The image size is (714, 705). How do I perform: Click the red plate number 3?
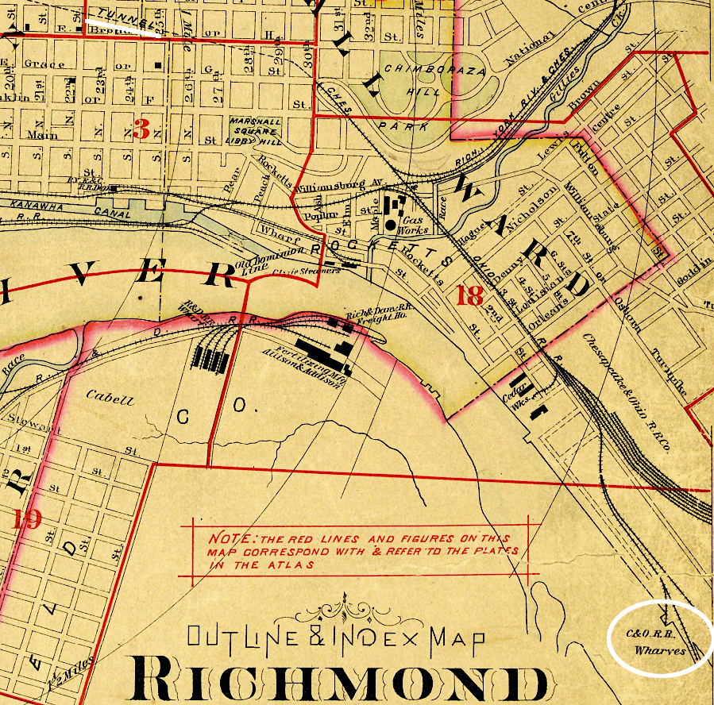click(x=142, y=128)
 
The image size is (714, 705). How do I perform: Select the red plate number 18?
click(x=470, y=296)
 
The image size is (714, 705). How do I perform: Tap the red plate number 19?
click(x=27, y=519)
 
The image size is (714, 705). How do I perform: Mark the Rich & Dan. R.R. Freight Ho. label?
click(x=369, y=318)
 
